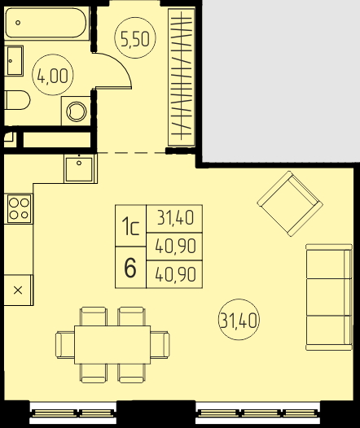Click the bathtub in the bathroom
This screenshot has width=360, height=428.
pos(46,24)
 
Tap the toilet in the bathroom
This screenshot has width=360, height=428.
pos(17,100)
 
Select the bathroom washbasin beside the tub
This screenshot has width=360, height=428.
pos(14,60)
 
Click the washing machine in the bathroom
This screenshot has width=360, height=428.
pos(77,111)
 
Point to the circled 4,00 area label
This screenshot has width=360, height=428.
pos(53,75)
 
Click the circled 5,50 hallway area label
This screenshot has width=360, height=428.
pos(135,38)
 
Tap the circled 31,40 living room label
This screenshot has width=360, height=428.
pos(239,320)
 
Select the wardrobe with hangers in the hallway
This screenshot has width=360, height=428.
pos(182,77)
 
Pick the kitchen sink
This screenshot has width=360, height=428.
pos(81,168)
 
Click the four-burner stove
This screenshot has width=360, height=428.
pos(19,208)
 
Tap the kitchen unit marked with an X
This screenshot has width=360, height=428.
pos(18,290)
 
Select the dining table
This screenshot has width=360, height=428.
pos(112,345)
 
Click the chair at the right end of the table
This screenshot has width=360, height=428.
pos(160,345)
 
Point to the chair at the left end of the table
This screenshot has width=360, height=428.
pos(65,345)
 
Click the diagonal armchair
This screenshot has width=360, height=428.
pos(290,203)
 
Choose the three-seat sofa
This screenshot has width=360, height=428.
pos(329,297)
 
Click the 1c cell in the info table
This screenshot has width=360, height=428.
pos(130,225)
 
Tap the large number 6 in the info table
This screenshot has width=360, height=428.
pos(130,268)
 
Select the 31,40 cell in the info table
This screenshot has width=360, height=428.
pos(175,219)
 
